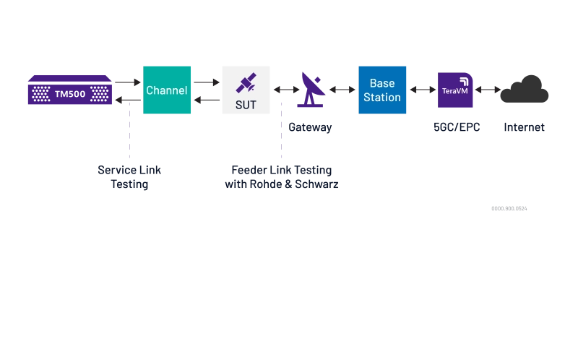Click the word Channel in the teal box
167,90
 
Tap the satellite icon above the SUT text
246,84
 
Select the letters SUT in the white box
246,105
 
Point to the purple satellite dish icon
312,90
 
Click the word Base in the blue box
382,84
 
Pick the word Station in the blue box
382,98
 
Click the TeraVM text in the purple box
454,92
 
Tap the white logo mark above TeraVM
462,80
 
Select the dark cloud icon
525,89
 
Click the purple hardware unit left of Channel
70,90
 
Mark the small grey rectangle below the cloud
511,208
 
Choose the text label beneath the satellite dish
312,127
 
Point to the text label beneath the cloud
525,127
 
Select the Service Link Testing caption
130,177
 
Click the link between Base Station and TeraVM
421,90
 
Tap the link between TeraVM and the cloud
486,90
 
